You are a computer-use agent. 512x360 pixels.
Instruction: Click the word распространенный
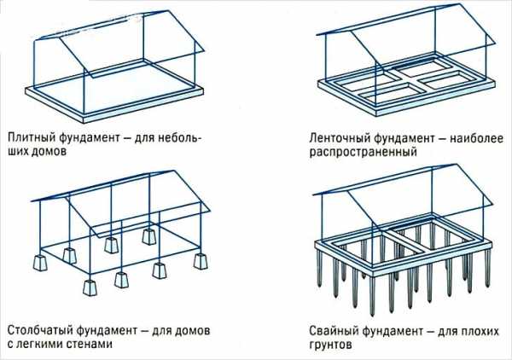coord(364,152)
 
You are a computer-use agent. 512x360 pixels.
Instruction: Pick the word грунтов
coord(331,345)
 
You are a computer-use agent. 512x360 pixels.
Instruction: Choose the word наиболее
coord(476,137)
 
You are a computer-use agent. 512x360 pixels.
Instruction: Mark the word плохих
coord(480,331)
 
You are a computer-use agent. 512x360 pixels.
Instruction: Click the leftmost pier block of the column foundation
coord(40,263)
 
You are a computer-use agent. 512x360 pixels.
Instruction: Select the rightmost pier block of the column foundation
coord(201,261)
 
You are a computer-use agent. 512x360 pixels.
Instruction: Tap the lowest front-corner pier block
coord(90,287)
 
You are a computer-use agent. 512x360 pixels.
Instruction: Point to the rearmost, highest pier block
coord(149,236)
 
